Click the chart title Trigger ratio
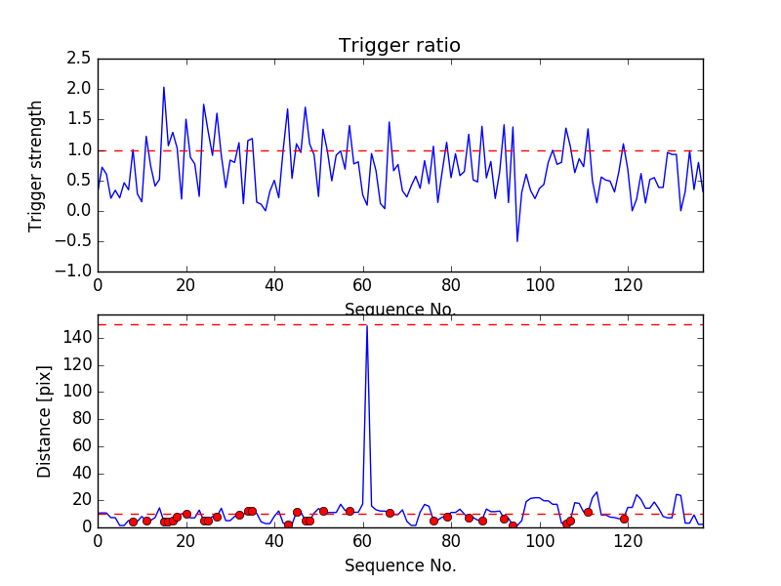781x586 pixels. [x=399, y=46]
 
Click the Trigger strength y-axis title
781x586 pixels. [x=36, y=165]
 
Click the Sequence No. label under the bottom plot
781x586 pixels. [x=400, y=565]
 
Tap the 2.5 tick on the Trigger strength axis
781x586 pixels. [x=78, y=59]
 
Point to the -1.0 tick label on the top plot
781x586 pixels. [x=73, y=272]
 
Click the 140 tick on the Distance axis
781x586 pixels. [x=79, y=338]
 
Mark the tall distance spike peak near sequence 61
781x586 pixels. [x=366, y=325]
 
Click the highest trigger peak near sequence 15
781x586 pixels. [x=163, y=87]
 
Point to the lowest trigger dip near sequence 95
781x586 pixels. [x=517, y=240]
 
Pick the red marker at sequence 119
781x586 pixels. [x=623, y=519]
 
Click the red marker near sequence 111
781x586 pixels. [x=588, y=512]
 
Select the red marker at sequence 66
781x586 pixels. [x=390, y=513]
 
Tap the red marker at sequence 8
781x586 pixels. [x=133, y=522]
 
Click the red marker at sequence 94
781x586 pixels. [x=513, y=525]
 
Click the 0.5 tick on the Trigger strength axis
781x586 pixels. [x=78, y=181]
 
